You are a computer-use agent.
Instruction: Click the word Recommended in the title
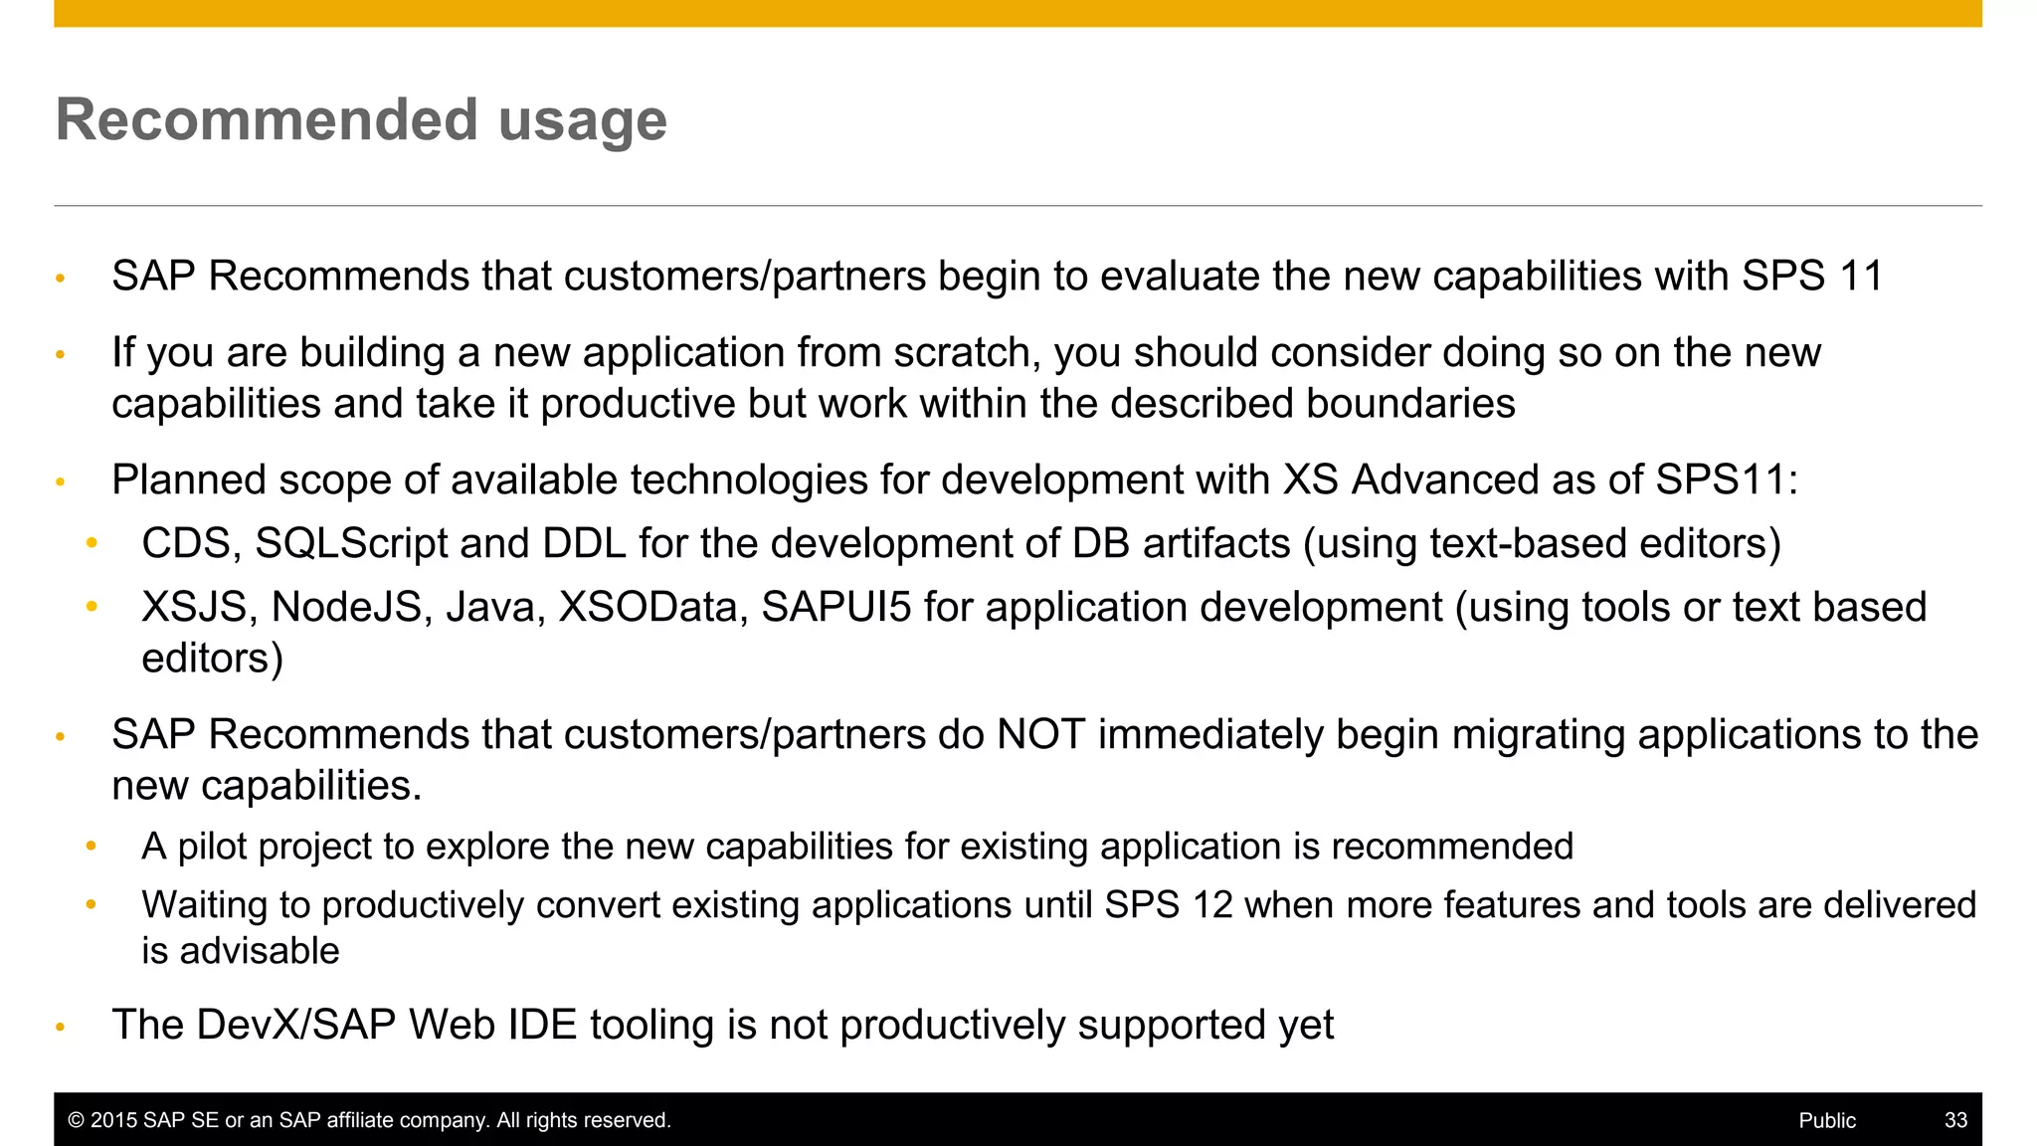(267, 120)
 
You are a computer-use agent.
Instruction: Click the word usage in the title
(582, 122)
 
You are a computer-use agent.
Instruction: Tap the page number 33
(1955, 1120)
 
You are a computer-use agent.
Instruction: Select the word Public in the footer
(1827, 1120)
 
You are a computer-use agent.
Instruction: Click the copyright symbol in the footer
(76, 1120)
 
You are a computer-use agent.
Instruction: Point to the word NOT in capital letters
(1040, 735)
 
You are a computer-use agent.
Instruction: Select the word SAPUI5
(835, 608)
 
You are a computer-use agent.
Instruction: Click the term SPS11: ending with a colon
(1726, 480)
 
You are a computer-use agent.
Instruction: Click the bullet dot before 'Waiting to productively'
(92, 904)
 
